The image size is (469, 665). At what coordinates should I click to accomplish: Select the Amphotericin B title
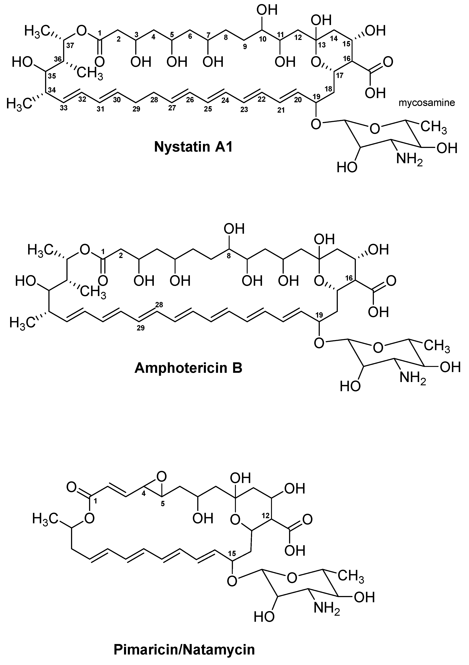[x=188, y=368]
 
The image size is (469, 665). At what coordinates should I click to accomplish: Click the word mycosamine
[x=427, y=103]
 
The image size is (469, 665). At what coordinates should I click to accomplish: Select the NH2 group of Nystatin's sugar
[x=409, y=160]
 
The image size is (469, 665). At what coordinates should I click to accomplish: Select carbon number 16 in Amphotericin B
[x=349, y=278]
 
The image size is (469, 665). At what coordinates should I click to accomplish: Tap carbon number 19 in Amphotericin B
[x=319, y=315]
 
